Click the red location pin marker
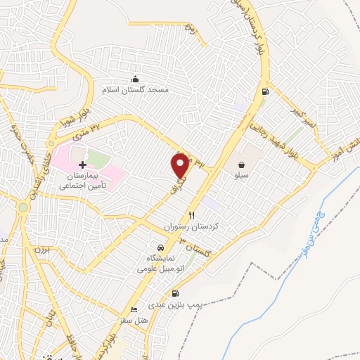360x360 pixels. point(181,165)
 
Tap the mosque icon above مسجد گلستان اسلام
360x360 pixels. point(136,78)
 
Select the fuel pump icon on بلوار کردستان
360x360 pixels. point(265,91)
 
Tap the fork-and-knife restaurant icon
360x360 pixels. point(191,215)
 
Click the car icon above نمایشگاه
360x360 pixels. point(161,247)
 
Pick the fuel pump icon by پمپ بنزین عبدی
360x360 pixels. point(174,295)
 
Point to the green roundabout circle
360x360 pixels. point(23,207)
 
